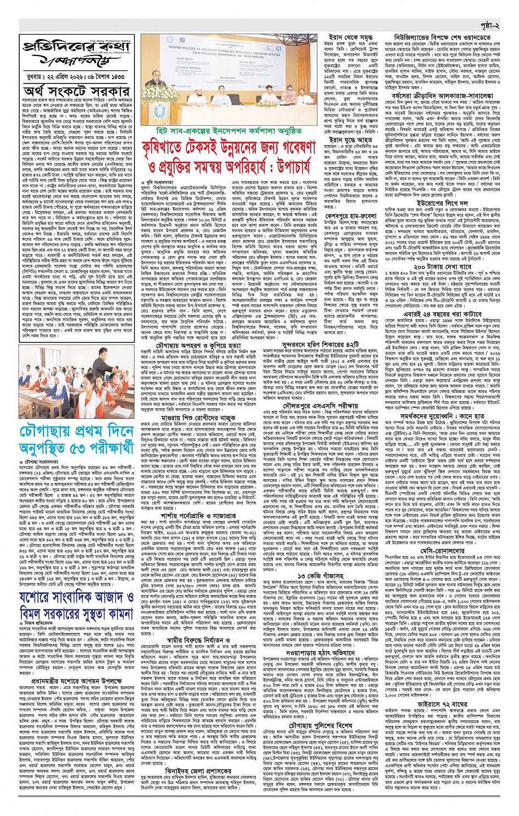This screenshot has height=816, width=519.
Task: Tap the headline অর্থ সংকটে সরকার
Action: pos(76,90)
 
